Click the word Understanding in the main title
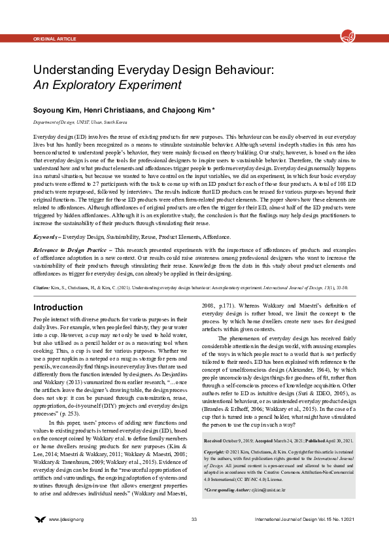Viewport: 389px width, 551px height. [x=75, y=69]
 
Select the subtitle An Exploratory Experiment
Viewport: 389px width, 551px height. [x=107, y=84]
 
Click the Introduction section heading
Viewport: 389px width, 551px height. [x=58, y=289]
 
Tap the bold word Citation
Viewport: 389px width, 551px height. [x=41, y=268]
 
